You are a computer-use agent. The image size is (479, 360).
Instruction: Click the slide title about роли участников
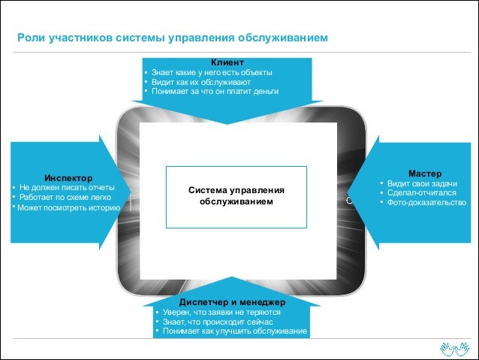click(173, 38)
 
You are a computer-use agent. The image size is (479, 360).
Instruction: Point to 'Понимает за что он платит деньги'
click(215, 92)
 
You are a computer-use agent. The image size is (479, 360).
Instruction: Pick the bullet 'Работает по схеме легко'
click(66, 197)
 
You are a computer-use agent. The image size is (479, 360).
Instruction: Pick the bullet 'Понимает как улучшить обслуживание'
click(235, 331)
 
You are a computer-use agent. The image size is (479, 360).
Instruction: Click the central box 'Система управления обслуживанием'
click(236, 196)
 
